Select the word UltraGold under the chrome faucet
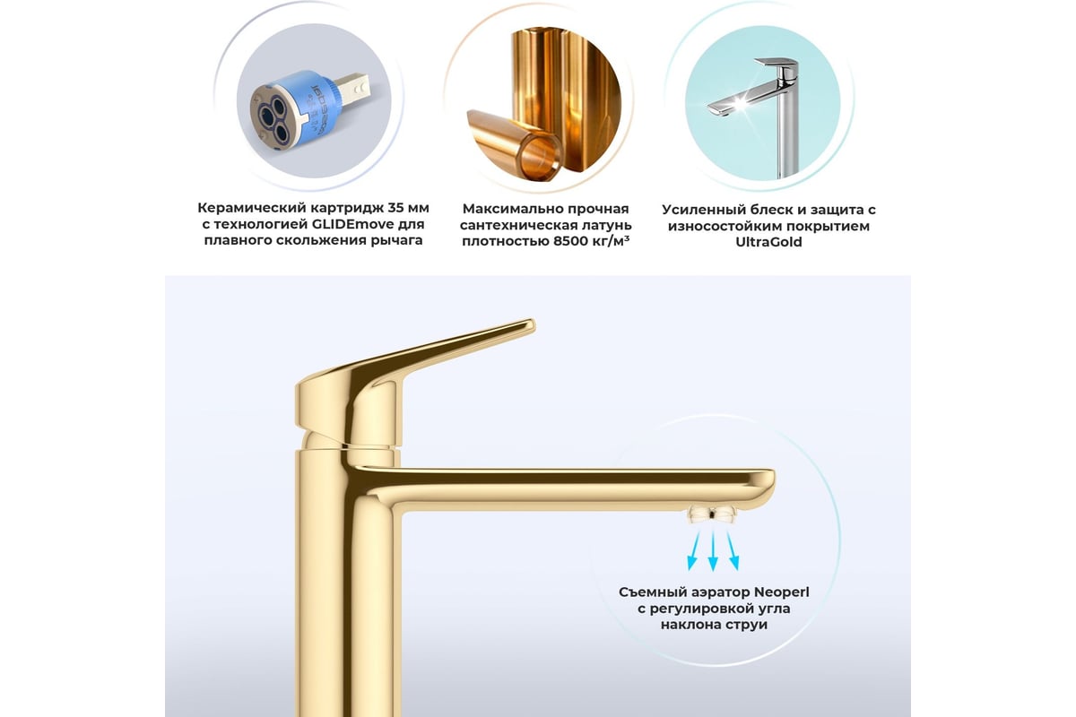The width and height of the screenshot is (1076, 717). point(768,242)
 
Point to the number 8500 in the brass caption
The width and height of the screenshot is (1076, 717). point(570,241)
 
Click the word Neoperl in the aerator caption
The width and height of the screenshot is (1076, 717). point(781,592)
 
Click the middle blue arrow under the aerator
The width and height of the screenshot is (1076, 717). point(713,551)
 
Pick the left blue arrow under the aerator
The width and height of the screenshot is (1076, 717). point(694,551)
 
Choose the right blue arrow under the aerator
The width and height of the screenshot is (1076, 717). point(733,551)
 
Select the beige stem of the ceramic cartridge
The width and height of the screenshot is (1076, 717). point(352,88)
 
